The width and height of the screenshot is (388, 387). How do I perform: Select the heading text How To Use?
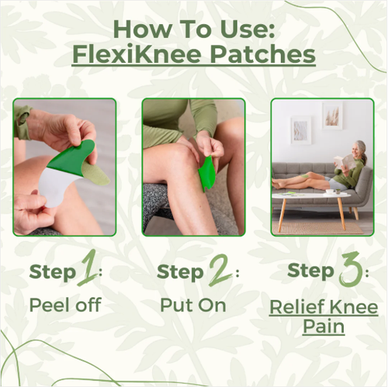tap(193, 28)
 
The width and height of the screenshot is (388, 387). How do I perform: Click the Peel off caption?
tap(64, 304)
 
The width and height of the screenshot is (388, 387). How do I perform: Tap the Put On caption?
tap(193, 304)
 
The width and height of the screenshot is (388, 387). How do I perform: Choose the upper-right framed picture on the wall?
tap(333, 115)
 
